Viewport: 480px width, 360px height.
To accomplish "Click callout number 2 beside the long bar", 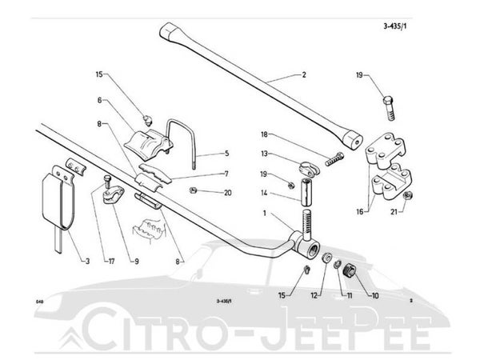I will [x=303, y=75].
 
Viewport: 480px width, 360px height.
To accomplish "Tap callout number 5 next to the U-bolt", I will [x=226, y=153].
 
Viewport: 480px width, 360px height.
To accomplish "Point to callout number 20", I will [x=227, y=192].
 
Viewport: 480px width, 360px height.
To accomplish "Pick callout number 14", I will [x=263, y=192].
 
